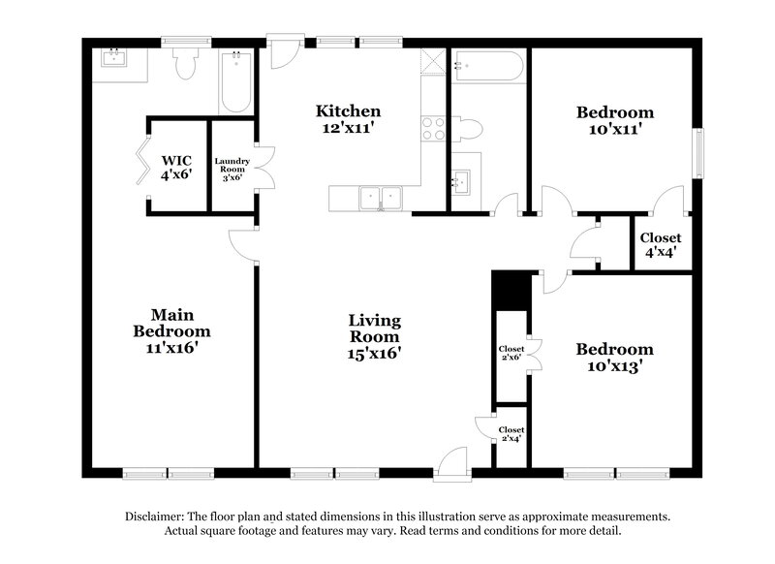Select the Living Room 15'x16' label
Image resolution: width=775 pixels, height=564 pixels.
375,336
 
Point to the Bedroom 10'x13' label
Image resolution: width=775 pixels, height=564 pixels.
614,358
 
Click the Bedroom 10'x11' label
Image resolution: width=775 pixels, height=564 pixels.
614,119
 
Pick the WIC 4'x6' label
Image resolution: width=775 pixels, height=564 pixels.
176,167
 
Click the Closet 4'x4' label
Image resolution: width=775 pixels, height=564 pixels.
660,243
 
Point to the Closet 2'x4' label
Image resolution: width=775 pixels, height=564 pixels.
511,433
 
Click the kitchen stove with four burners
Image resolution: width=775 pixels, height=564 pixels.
433,128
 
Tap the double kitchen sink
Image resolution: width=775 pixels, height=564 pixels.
381,198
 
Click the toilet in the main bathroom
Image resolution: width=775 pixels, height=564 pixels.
186,64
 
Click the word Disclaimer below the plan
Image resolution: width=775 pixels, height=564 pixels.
155,517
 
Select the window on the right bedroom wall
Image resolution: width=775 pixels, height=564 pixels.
696,154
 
